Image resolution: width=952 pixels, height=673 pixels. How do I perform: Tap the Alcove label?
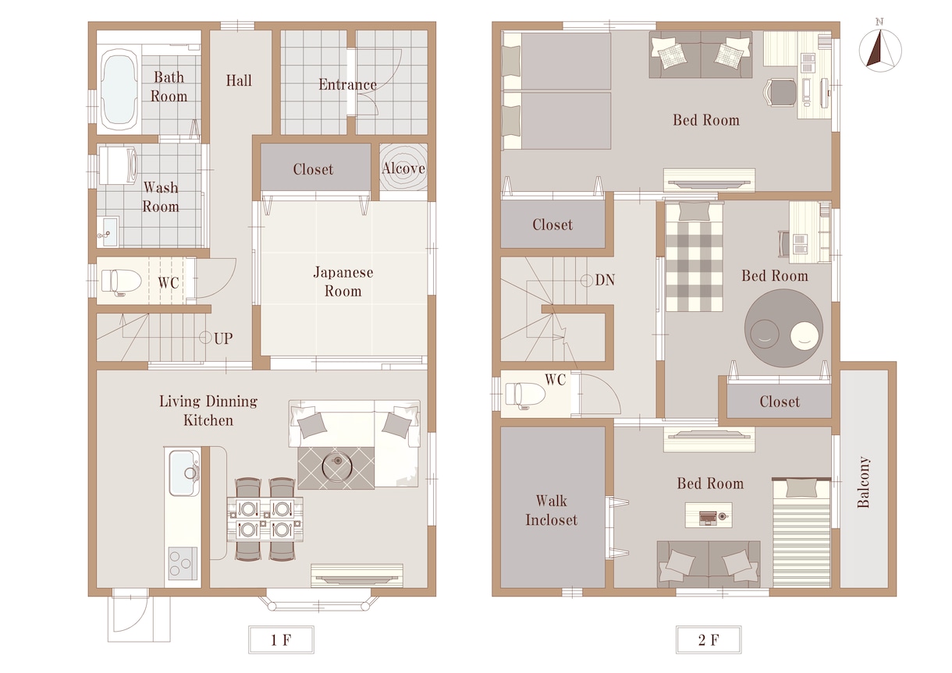403,168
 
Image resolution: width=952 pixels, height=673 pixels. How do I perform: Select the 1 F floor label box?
281,639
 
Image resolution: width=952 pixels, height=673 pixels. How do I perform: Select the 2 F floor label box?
709,639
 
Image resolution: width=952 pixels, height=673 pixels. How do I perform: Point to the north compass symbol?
880,48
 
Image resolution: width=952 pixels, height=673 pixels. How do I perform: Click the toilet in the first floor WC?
121,281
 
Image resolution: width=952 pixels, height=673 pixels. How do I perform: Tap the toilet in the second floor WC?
524,395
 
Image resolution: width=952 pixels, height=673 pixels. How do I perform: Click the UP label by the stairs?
223,338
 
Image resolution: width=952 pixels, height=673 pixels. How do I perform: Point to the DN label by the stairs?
605,280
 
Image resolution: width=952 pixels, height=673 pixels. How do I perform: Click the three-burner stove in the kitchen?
183,564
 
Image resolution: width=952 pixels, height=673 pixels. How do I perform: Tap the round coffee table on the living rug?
336,466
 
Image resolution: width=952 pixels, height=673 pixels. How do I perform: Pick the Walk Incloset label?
551,510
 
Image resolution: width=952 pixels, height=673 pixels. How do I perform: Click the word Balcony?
863,482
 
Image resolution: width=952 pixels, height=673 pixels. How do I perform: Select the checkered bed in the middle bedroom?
694,257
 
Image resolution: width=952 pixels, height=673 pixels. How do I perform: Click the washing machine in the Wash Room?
118,165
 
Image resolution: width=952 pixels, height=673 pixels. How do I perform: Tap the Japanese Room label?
343,282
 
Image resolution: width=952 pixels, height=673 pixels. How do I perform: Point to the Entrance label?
348,84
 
